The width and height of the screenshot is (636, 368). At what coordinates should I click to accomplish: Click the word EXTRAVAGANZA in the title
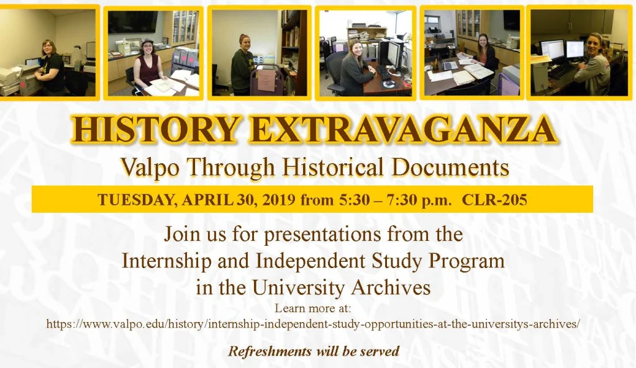click(402, 129)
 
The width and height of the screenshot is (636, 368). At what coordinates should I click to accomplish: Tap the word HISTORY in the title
click(155, 129)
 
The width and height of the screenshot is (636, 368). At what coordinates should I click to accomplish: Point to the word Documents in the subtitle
click(450, 166)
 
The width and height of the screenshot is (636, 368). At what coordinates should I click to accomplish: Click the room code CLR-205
click(494, 200)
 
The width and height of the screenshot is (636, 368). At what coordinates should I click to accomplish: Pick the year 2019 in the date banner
click(278, 200)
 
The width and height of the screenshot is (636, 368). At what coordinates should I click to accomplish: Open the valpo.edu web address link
click(313, 324)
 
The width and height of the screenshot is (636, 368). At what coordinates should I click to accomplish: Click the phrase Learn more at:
click(313, 308)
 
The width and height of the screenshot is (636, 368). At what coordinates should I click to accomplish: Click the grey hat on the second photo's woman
click(147, 42)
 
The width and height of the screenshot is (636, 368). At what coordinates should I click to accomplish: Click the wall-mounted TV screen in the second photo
click(133, 22)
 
